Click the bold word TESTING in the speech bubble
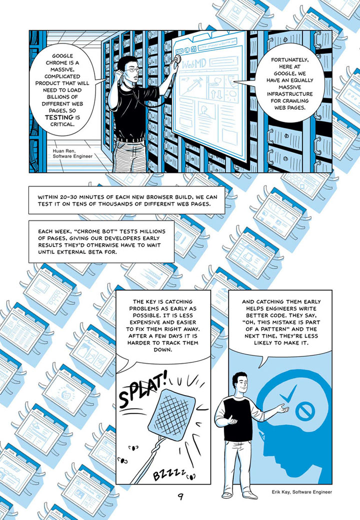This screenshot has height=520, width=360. pyautogui.click(x=59, y=117)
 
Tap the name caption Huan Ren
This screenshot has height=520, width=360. pyautogui.click(x=64, y=151)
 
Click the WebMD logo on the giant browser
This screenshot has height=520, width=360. pyautogui.click(x=194, y=64)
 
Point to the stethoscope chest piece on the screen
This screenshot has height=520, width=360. pyautogui.click(x=177, y=59)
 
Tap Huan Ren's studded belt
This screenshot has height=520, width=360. pyautogui.click(x=130, y=140)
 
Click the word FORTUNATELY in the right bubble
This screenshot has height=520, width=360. pyautogui.click(x=290, y=60)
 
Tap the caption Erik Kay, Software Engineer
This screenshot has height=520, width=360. pyautogui.click(x=301, y=492)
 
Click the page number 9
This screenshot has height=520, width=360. pyautogui.click(x=180, y=497)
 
